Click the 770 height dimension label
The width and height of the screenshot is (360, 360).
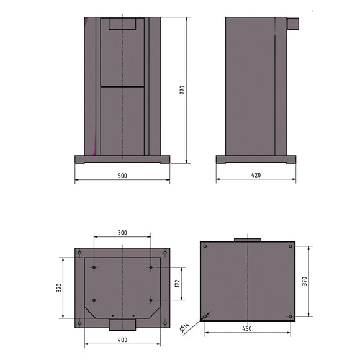182,89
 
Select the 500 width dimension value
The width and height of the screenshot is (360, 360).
122,176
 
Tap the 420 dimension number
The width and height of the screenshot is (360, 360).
256,176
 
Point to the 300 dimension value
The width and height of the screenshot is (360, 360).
122,232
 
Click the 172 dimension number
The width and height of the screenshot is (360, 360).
177,284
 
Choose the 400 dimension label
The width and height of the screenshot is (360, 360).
122,340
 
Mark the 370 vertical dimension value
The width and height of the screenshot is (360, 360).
305,281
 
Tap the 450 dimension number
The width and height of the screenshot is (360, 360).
247,329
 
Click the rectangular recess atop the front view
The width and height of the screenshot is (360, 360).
122,24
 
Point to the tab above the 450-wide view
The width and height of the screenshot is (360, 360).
247,239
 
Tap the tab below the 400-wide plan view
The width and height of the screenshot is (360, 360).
122,325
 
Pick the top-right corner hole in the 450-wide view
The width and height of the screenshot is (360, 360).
290,246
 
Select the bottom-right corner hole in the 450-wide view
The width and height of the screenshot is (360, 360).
290,316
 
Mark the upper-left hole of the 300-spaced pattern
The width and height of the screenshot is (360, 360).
94,268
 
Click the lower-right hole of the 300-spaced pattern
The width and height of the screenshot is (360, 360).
151,300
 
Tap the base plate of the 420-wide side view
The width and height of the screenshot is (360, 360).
256,160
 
